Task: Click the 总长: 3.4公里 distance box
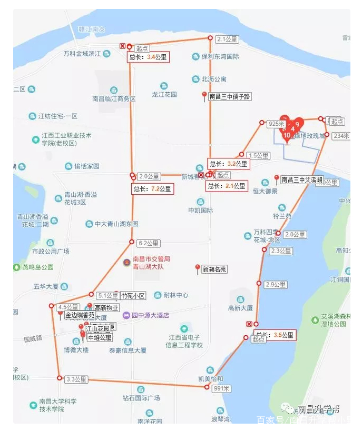148,57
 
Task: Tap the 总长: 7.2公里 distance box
153,188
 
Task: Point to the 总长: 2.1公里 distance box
226,186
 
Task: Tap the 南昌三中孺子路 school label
230,97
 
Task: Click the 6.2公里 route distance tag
148,244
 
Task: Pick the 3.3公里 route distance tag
76,379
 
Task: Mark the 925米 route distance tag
276,124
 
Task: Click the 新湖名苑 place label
214,269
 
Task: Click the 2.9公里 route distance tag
276,285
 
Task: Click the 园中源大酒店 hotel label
150,315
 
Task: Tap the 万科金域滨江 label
82,54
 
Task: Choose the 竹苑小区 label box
133,296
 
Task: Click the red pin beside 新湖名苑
198,269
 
